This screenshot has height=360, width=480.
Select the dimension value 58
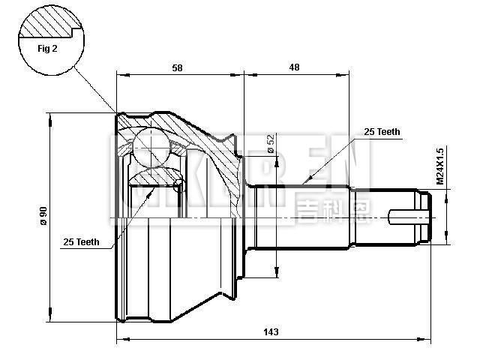pos(177,67)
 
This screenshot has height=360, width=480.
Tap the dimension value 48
pos(294,67)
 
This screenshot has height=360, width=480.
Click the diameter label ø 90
pos(43,216)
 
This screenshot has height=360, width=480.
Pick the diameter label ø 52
pos(269,141)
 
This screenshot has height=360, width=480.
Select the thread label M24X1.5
pos(441,166)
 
